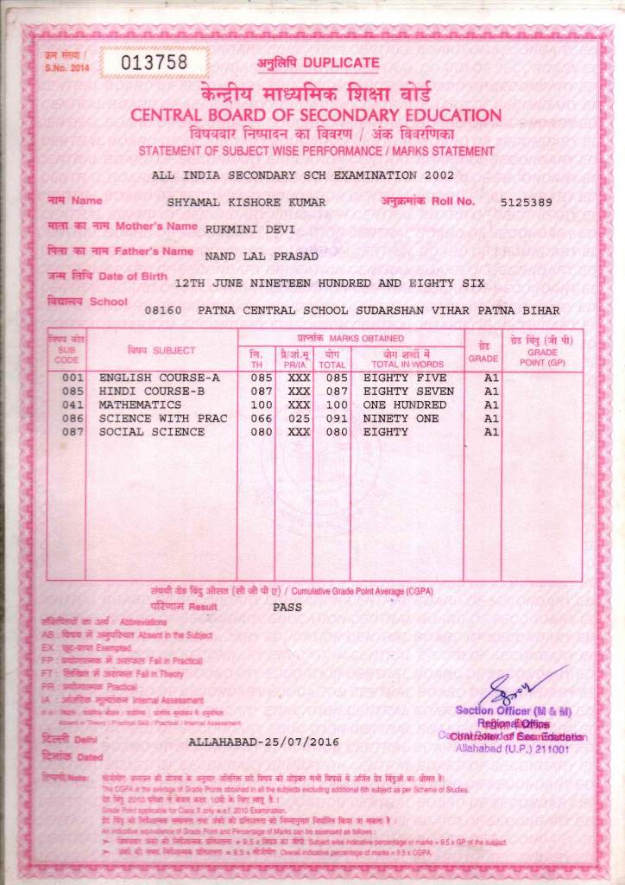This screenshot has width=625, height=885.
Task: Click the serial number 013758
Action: [x=155, y=61]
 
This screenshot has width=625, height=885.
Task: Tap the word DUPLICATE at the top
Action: [x=341, y=63]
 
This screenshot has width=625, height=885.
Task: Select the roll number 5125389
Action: [x=526, y=202]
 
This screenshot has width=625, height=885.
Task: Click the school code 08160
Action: [x=163, y=309]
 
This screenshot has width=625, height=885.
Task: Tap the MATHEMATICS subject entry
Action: [x=140, y=404]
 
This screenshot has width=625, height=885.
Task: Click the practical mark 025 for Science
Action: [x=299, y=418]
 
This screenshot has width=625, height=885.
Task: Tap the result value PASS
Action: [x=287, y=607]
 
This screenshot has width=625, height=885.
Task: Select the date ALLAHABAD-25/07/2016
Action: [x=263, y=742]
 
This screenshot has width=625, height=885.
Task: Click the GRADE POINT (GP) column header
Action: [x=542, y=353]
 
